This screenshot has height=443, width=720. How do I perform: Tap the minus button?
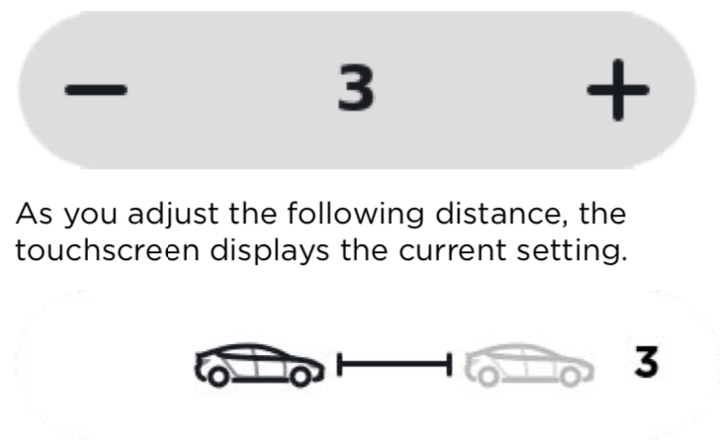point(96,90)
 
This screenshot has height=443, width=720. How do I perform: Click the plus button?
point(618,90)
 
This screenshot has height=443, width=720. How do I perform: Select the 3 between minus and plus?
point(356,87)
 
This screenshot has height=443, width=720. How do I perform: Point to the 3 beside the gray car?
point(647,362)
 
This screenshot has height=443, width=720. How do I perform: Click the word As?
point(34,214)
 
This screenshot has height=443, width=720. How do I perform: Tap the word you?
point(90,217)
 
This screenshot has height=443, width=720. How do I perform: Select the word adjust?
point(173,215)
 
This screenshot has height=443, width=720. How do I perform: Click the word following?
point(356,215)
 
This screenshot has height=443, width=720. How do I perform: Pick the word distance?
point(501,215)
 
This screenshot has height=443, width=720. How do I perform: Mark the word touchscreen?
point(108,250)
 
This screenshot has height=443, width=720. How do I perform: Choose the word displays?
point(270,251)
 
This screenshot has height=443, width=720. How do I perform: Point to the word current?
point(452,251)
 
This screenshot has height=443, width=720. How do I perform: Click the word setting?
point(572,252)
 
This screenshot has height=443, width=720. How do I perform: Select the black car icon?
point(260,365)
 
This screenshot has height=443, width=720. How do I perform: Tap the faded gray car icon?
point(529,365)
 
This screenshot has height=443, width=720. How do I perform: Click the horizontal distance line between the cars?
point(395,364)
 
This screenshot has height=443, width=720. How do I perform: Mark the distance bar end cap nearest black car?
point(340,364)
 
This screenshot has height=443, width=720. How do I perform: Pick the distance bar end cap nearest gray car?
point(449,364)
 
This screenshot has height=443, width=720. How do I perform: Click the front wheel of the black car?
point(218,376)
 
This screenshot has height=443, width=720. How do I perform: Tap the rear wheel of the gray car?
point(570,376)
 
